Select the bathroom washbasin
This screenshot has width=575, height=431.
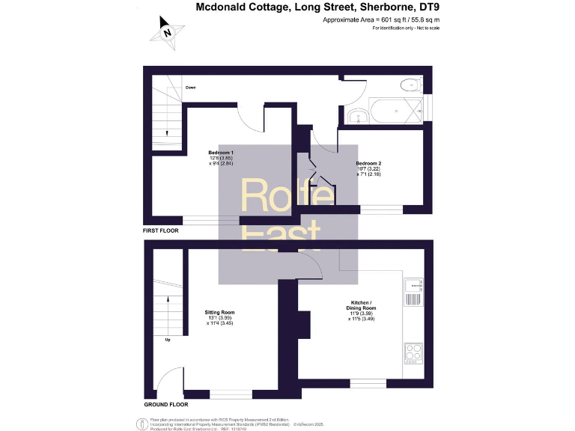(357, 115)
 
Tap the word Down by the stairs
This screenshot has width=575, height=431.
(191, 88)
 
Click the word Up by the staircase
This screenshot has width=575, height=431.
(168, 340)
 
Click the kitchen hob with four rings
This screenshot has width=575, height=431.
(414, 352)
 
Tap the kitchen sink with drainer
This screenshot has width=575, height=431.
(414, 294)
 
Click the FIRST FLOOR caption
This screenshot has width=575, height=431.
(161, 231)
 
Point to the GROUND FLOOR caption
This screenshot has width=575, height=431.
(165, 404)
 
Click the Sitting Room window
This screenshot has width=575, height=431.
(231, 394)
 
